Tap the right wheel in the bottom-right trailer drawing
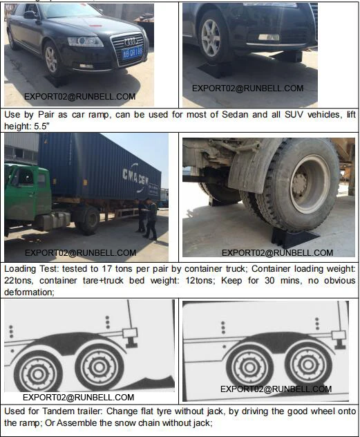[307, 360]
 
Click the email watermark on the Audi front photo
[79, 97]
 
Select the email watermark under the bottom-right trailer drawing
[276, 389]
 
